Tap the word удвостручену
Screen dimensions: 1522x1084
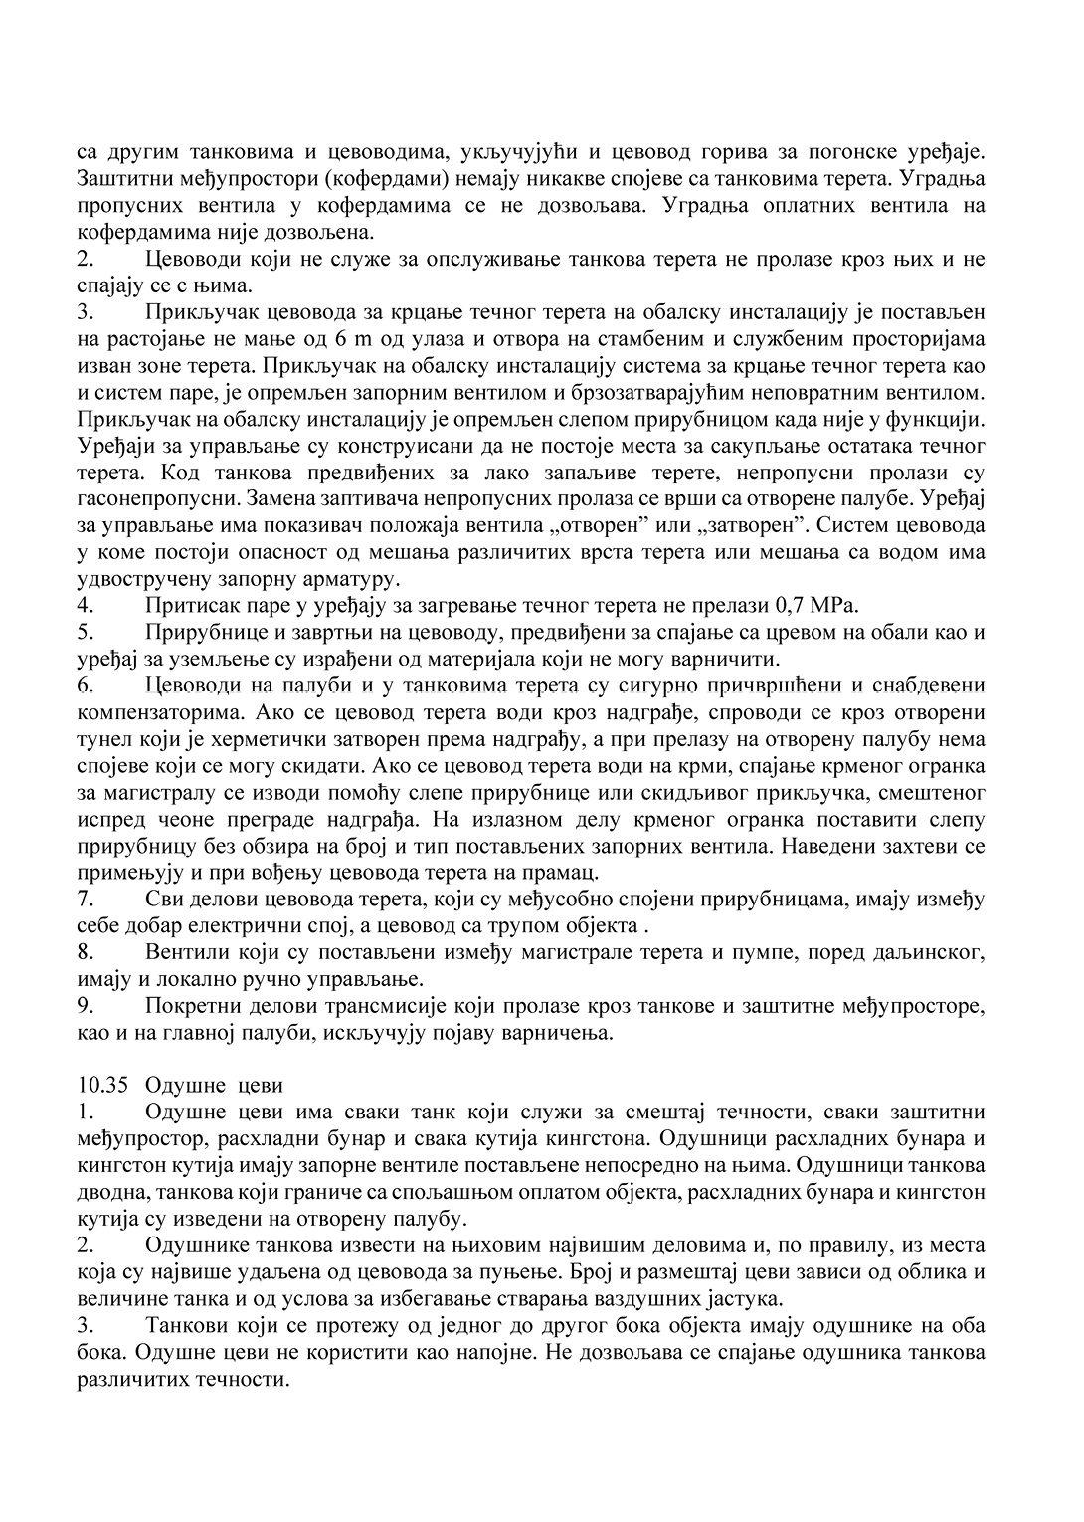tap(139, 578)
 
